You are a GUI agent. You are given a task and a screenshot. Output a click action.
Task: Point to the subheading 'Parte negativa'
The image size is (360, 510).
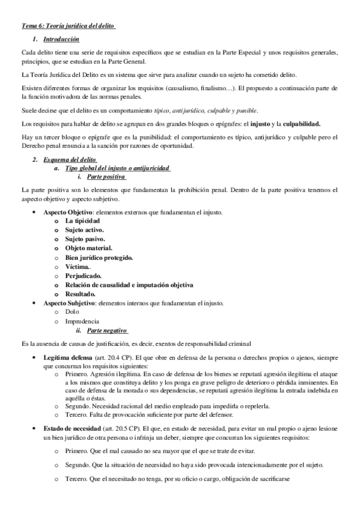107,331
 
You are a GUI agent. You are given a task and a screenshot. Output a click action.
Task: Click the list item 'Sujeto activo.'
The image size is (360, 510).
85,230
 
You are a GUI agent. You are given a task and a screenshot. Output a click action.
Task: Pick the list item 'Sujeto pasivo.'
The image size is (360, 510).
85,239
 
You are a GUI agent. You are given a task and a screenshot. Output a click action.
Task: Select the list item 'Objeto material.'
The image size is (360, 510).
88,248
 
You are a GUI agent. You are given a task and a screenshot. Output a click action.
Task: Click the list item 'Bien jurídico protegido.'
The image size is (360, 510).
99,257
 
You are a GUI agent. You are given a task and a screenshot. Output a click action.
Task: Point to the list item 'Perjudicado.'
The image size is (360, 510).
84,275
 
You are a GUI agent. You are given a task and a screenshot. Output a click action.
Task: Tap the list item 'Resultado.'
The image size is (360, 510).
81,293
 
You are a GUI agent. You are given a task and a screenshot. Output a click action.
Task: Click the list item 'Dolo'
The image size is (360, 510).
72,312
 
